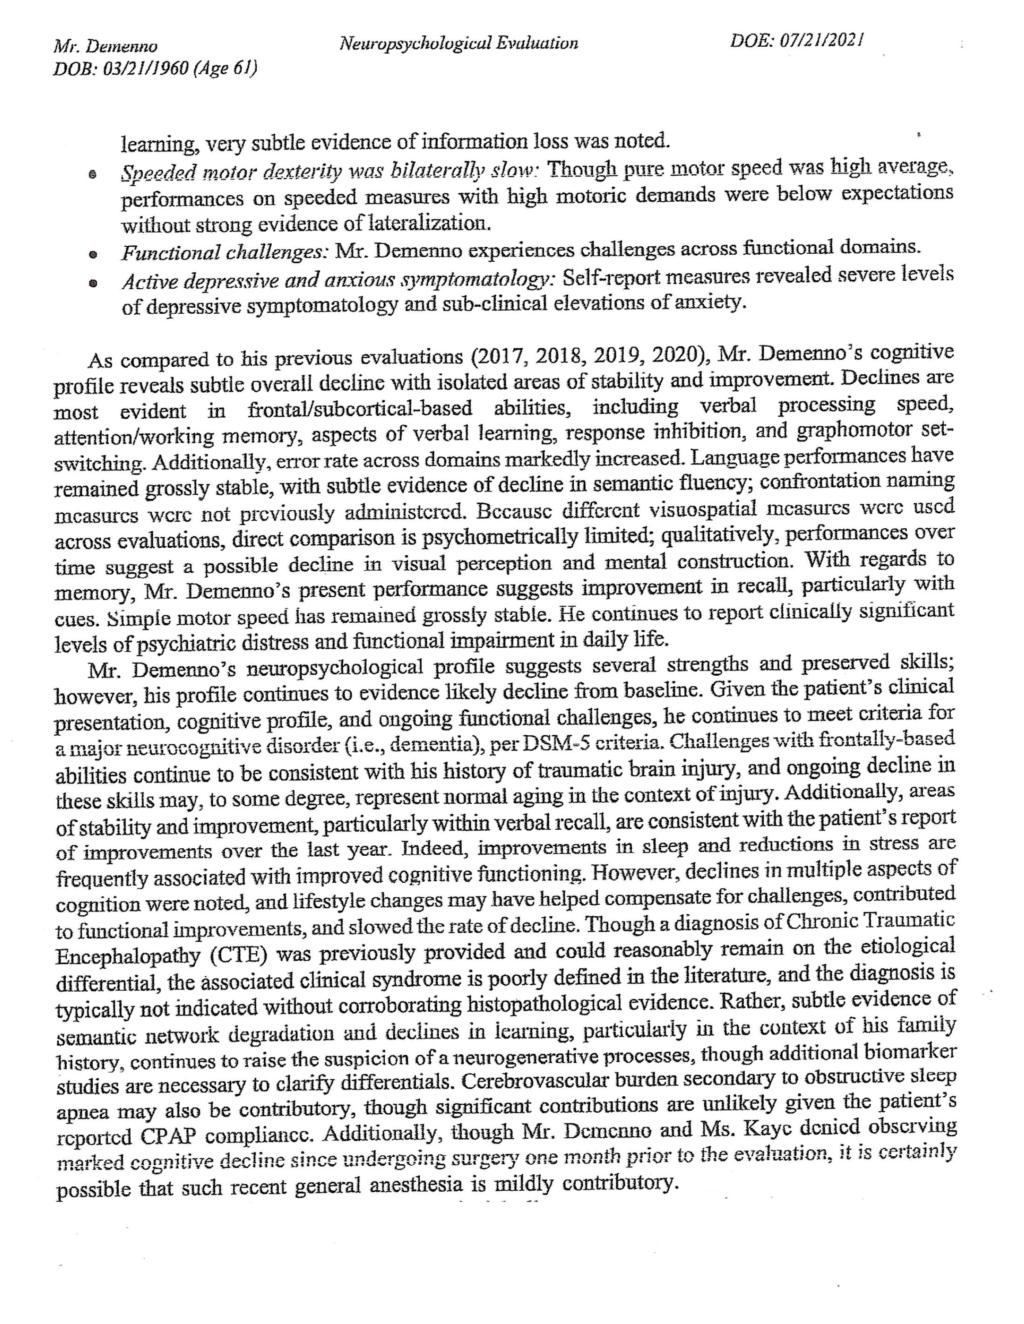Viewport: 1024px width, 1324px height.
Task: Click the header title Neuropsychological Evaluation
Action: coord(458,43)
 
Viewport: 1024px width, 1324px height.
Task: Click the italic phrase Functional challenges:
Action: coord(224,252)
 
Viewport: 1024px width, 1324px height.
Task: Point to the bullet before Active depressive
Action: coord(93,282)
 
